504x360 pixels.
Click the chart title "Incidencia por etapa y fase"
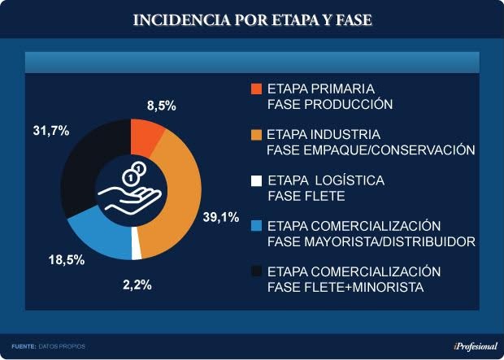coord(252,19)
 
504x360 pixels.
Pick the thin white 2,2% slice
coord(136,251)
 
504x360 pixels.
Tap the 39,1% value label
coord(219,217)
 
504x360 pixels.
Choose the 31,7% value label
coord(49,130)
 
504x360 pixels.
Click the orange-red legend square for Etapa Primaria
coord(257,89)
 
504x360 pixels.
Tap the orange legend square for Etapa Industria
coord(257,134)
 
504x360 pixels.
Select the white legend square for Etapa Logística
coord(257,180)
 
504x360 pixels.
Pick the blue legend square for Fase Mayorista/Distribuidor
coord(257,225)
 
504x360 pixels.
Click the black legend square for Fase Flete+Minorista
coord(257,271)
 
